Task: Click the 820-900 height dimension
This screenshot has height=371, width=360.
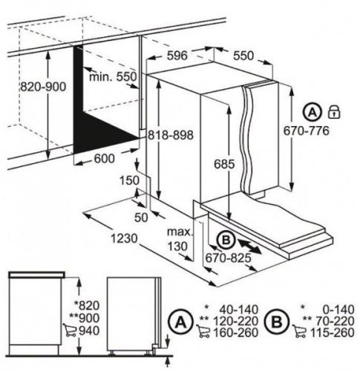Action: [x=43, y=87]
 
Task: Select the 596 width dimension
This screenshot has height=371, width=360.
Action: [x=177, y=56]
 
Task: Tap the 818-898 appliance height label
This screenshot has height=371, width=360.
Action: [x=171, y=135]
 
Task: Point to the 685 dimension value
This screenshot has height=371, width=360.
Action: [x=224, y=164]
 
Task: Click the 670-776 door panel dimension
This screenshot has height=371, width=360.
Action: [x=307, y=131]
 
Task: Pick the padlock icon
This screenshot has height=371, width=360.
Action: [x=334, y=112]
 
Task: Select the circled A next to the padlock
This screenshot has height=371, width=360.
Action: [x=312, y=113]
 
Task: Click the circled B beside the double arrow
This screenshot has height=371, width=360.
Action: [x=226, y=240]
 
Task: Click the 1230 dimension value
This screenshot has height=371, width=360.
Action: [x=124, y=239]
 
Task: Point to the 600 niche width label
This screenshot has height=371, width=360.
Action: [x=104, y=159]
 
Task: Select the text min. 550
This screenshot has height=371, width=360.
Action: [x=113, y=76]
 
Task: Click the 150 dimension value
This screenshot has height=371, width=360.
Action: [x=129, y=180]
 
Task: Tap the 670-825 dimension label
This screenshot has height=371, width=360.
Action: [x=228, y=258]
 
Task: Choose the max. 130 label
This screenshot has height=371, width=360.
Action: [x=179, y=239]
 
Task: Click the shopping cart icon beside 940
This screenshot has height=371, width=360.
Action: [x=70, y=330]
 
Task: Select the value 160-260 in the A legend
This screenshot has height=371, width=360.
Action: [x=235, y=332]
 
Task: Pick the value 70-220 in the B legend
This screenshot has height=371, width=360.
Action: [x=335, y=321]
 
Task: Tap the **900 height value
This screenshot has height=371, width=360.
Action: [x=84, y=318]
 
